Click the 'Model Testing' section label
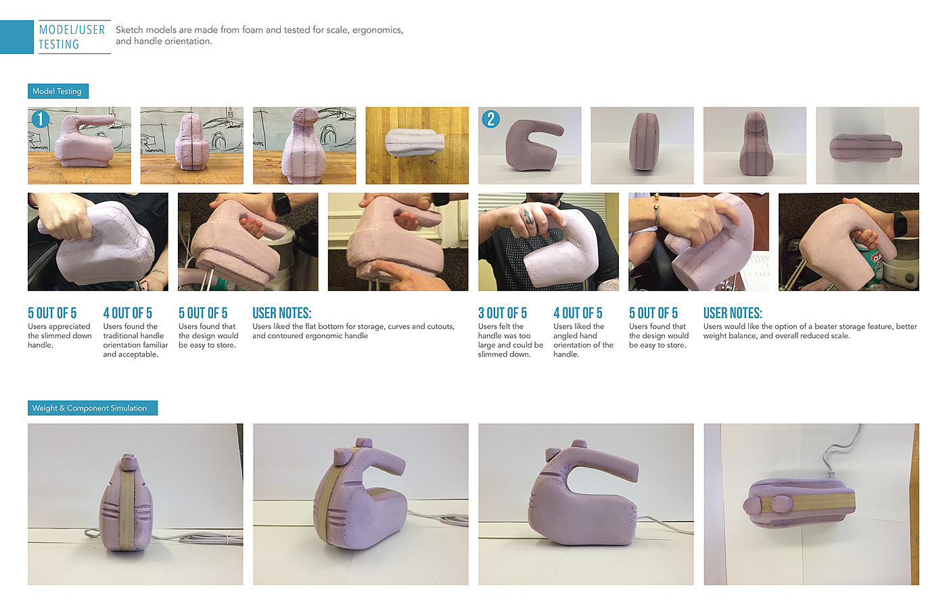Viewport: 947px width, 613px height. tap(58, 91)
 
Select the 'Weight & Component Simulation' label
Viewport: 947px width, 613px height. tap(93, 408)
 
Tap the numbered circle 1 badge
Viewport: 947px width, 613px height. tap(41, 119)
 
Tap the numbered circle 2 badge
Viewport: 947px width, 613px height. tap(491, 119)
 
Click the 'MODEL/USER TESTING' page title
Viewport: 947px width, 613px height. tap(72, 37)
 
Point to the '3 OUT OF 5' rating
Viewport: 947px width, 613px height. tap(502, 313)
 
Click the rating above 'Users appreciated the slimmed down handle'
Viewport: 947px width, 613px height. tap(52, 313)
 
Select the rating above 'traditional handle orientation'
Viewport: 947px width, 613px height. tap(128, 313)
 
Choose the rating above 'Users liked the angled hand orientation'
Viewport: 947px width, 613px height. tap(578, 313)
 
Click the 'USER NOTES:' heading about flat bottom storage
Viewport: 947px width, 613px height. tap(282, 313)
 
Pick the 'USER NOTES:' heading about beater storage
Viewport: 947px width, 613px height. tap(733, 313)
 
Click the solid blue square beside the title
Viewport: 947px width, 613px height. tap(16, 37)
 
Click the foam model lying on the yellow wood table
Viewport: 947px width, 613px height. tap(414, 143)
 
